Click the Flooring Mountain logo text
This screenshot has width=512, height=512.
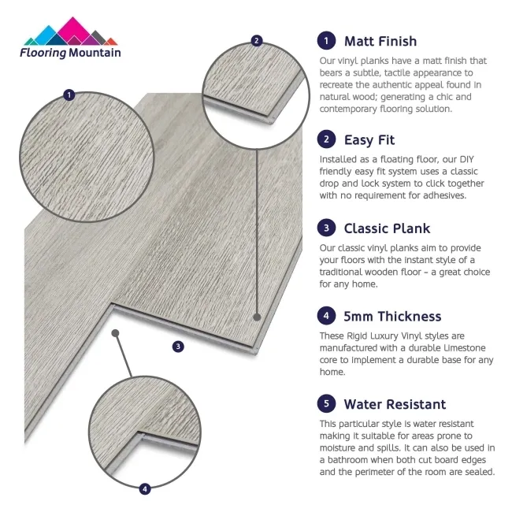[x=71, y=53]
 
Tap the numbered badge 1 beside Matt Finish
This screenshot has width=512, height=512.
[x=325, y=41]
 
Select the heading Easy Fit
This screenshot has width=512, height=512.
[x=369, y=140]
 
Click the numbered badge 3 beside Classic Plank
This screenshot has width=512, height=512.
[x=325, y=228]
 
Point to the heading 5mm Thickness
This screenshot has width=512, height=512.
[x=392, y=317]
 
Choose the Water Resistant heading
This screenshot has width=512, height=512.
[x=395, y=404]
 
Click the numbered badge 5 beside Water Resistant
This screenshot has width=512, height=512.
[x=325, y=404]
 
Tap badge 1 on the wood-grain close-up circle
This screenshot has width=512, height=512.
[x=69, y=95]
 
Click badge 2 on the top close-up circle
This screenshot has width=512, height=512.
[x=256, y=40]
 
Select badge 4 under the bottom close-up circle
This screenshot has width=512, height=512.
[x=144, y=489]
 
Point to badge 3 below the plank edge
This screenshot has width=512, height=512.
[x=178, y=346]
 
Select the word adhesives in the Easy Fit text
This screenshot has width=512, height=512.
[x=440, y=195]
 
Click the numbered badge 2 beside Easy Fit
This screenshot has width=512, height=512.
[x=325, y=140]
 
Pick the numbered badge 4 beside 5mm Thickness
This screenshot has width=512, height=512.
[x=325, y=317]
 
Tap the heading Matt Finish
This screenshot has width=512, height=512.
[x=380, y=41]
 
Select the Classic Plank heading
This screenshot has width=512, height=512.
[x=387, y=228]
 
